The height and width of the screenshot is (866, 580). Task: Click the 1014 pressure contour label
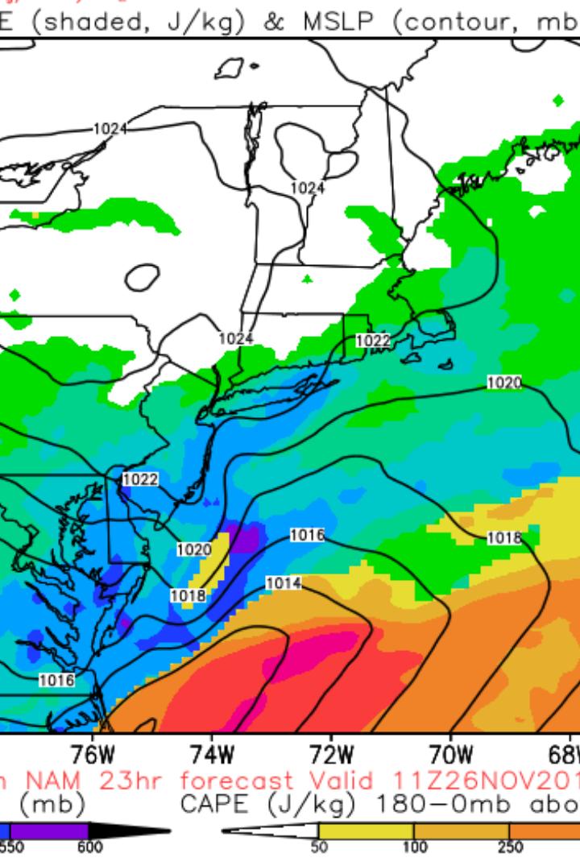coord(284,583)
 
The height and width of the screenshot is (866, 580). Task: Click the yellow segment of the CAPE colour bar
coord(366,831)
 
